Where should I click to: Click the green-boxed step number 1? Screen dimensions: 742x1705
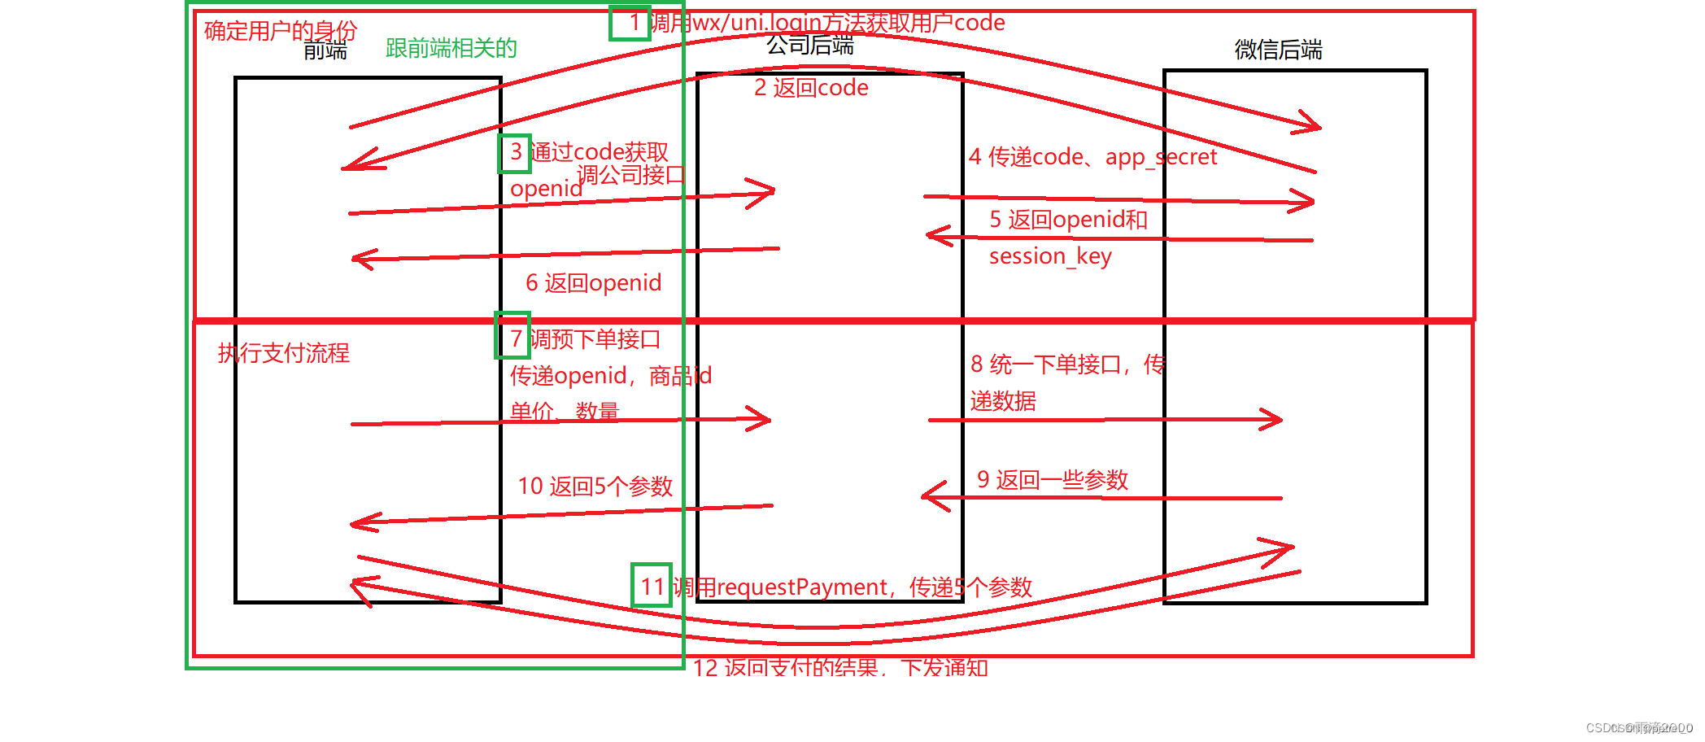point(630,23)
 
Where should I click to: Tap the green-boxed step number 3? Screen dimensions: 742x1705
point(515,153)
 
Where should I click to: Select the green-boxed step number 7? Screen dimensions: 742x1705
point(513,335)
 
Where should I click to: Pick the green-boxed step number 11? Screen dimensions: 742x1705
point(652,585)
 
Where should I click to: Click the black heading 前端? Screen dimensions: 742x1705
point(325,50)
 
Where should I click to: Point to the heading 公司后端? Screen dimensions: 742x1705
point(810,45)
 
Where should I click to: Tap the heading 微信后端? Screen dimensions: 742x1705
point(1278,50)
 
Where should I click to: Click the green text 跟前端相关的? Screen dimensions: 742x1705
point(451,48)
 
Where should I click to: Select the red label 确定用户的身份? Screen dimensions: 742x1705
point(280,30)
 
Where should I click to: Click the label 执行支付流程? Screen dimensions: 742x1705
point(283,353)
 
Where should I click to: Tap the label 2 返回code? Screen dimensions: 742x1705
point(811,88)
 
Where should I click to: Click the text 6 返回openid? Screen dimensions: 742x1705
point(593,283)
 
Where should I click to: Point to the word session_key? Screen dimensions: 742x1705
point(1049,256)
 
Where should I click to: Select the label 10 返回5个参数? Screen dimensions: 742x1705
point(595,487)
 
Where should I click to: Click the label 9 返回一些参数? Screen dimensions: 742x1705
point(1052,480)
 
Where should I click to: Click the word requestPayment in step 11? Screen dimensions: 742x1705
point(802,587)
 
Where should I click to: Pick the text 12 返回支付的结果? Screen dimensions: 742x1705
point(786,668)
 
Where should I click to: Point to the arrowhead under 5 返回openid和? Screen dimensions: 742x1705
point(935,236)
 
